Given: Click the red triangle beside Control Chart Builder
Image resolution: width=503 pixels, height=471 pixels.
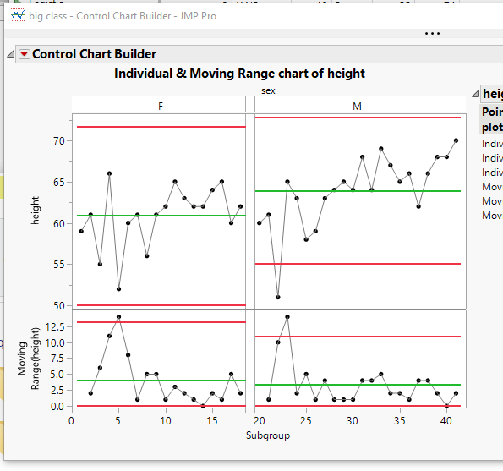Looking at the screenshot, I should tap(24, 54).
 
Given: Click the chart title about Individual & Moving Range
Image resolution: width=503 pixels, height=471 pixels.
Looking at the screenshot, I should tap(239, 74).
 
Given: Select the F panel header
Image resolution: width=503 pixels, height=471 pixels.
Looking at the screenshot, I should tap(160, 106).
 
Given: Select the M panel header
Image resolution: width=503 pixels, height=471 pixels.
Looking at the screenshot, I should tap(358, 106).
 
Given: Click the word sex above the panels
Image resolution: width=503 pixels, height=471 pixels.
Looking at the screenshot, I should tap(268, 90).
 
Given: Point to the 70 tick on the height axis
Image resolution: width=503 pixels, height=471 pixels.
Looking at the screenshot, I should tap(60, 140).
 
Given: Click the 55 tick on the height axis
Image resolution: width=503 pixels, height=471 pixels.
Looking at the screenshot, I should tap(60, 264).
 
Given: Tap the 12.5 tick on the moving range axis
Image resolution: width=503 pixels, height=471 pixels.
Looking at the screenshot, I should tap(55, 326).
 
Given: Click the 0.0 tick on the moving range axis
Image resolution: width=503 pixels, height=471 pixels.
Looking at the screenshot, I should tap(57, 406).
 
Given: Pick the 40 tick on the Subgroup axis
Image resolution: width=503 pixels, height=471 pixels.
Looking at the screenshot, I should tap(447, 419).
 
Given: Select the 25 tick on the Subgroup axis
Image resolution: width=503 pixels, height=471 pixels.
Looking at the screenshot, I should tap(306, 419).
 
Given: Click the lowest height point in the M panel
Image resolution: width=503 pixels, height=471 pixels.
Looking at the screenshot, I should tap(278, 297).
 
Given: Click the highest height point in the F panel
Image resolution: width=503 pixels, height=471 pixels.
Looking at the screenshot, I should tap(109, 173).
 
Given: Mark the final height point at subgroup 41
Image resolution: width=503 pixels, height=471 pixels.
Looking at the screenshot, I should tap(457, 140).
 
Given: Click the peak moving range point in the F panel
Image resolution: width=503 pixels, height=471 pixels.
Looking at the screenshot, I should tap(118, 317).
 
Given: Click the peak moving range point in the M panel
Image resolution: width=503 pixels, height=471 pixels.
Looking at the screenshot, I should tap(287, 317).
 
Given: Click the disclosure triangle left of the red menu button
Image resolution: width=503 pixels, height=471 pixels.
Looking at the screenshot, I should tap(10, 54).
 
